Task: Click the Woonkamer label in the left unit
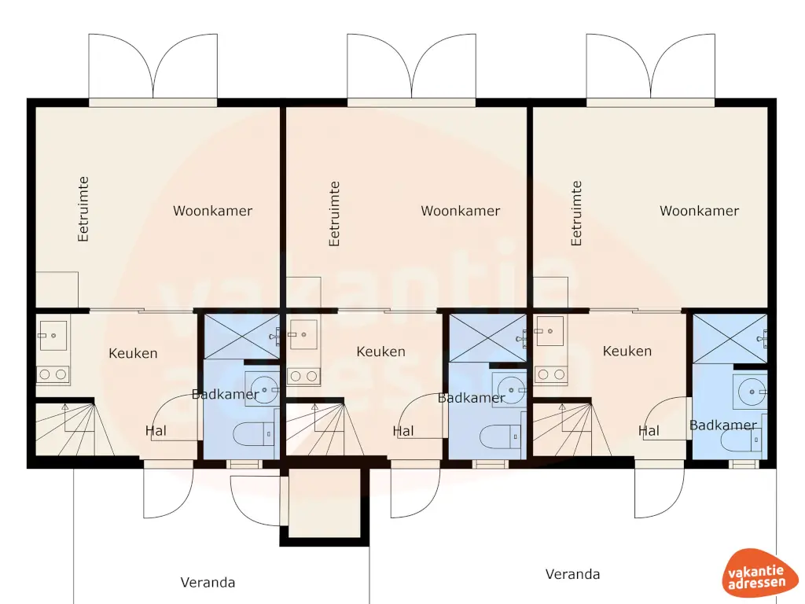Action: click(x=213, y=211)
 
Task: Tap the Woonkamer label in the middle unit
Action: click(x=461, y=211)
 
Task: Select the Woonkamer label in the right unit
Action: click(x=699, y=211)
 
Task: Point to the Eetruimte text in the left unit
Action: click(x=83, y=208)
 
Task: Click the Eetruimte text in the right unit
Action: click(x=577, y=213)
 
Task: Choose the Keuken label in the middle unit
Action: click(x=381, y=352)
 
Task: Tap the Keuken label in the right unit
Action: click(x=627, y=351)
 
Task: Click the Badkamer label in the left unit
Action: click(x=226, y=394)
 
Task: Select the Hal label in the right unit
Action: click(x=649, y=430)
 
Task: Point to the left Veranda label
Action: click(x=208, y=583)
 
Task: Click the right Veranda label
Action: click(x=573, y=574)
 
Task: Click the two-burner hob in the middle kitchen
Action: click(x=303, y=377)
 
